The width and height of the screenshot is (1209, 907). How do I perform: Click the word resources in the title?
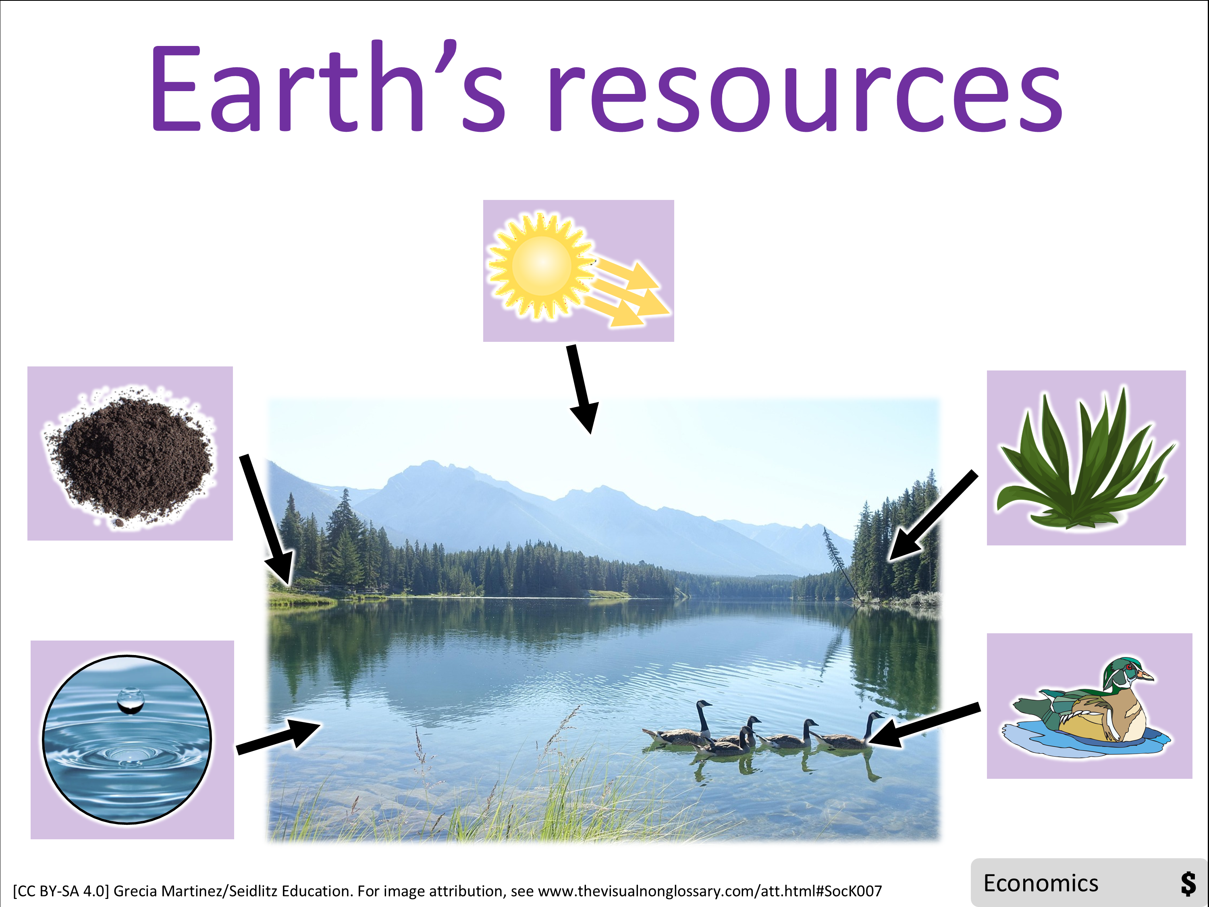pos(806,97)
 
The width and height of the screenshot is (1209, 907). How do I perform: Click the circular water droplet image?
pos(127,739)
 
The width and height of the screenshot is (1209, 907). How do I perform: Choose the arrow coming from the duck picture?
pos(924,726)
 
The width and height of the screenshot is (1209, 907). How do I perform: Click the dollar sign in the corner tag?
pos(1188,884)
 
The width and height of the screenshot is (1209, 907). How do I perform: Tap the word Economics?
pos(1041,884)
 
